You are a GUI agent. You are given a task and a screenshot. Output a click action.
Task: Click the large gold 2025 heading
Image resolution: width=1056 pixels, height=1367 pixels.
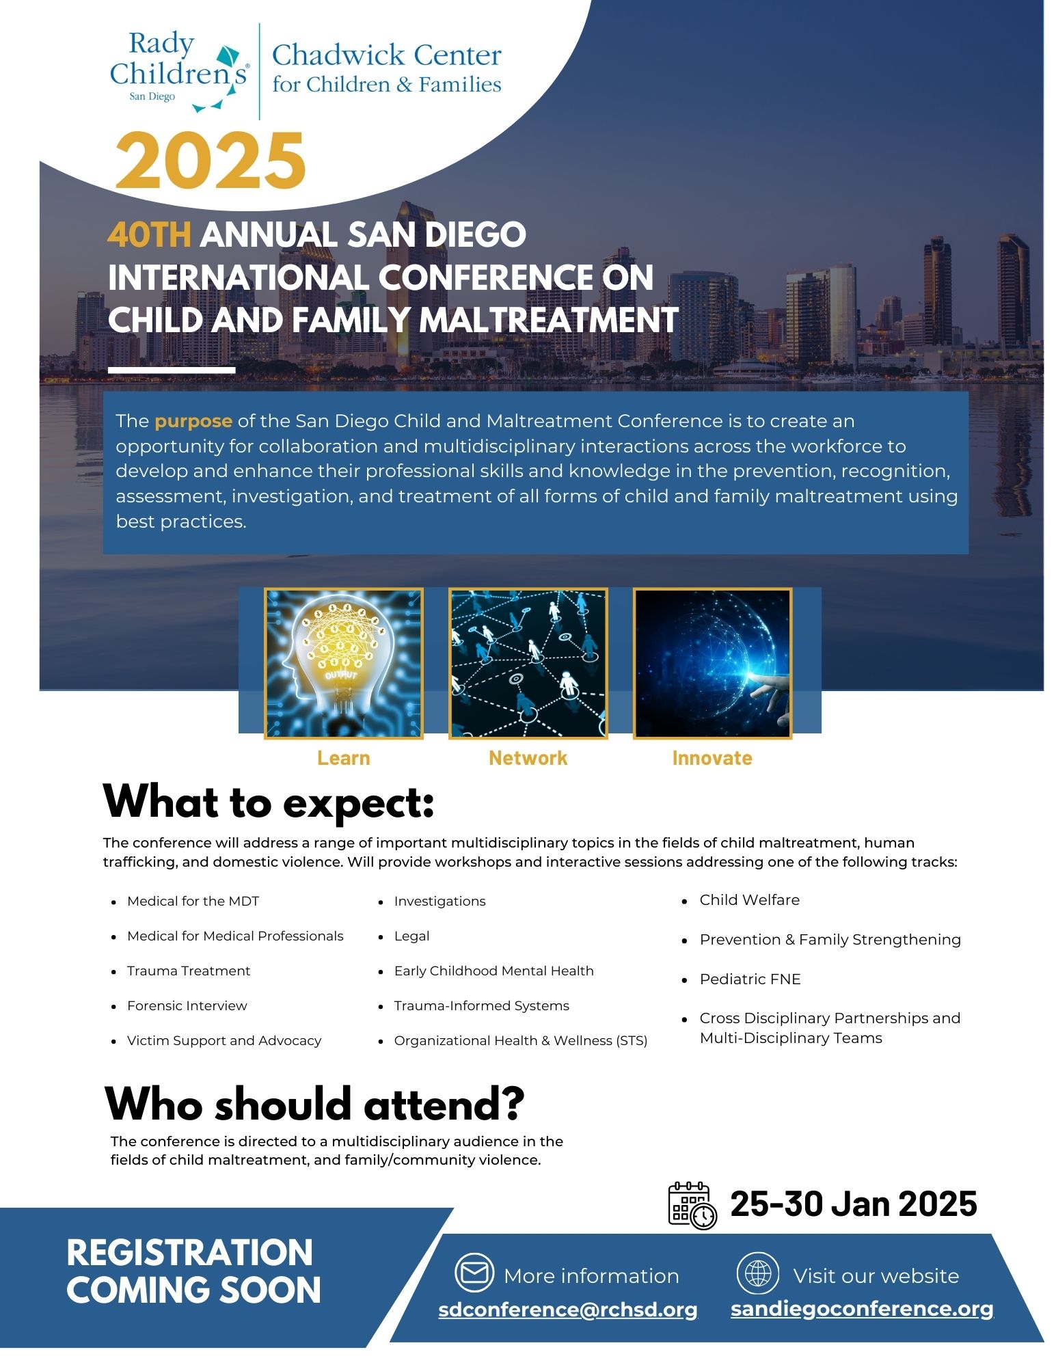click(210, 161)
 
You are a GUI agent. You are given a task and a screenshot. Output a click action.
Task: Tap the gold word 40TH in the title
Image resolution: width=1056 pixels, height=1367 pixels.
click(149, 234)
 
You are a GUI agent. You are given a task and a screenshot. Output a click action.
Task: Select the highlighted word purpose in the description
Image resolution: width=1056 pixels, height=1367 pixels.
click(193, 421)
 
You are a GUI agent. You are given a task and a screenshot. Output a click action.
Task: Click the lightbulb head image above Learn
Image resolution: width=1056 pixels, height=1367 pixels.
click(343, 663)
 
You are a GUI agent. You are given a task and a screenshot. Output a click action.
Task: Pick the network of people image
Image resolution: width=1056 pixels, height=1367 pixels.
click(528, 663)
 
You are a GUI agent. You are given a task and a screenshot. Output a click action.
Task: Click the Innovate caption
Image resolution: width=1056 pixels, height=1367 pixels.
click(712, 758)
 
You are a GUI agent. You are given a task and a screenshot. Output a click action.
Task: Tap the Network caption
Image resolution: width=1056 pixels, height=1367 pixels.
click(528, 758)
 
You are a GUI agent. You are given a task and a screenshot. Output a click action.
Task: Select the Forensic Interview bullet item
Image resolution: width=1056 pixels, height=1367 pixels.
click(187, 1005)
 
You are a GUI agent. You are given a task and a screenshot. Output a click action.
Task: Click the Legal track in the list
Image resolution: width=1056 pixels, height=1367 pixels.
click(411, 936)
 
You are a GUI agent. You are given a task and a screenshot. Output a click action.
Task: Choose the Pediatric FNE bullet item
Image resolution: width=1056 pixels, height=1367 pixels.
click(750, 979)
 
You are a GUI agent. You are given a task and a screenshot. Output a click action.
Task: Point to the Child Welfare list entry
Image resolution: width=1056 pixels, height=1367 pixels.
click(749, 899)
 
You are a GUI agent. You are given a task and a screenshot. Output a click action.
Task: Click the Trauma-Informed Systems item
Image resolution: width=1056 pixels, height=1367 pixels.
click(481, 1005)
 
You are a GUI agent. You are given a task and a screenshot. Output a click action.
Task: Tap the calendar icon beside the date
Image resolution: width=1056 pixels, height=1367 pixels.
click(692, 1205)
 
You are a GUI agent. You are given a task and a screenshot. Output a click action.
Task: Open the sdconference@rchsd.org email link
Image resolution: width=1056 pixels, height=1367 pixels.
click(567, 1309)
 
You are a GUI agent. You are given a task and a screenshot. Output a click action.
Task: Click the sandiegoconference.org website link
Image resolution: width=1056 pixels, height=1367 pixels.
click(861, 1308)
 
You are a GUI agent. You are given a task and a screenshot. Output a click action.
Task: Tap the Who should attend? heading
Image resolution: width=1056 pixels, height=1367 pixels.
click(314, 1103)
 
